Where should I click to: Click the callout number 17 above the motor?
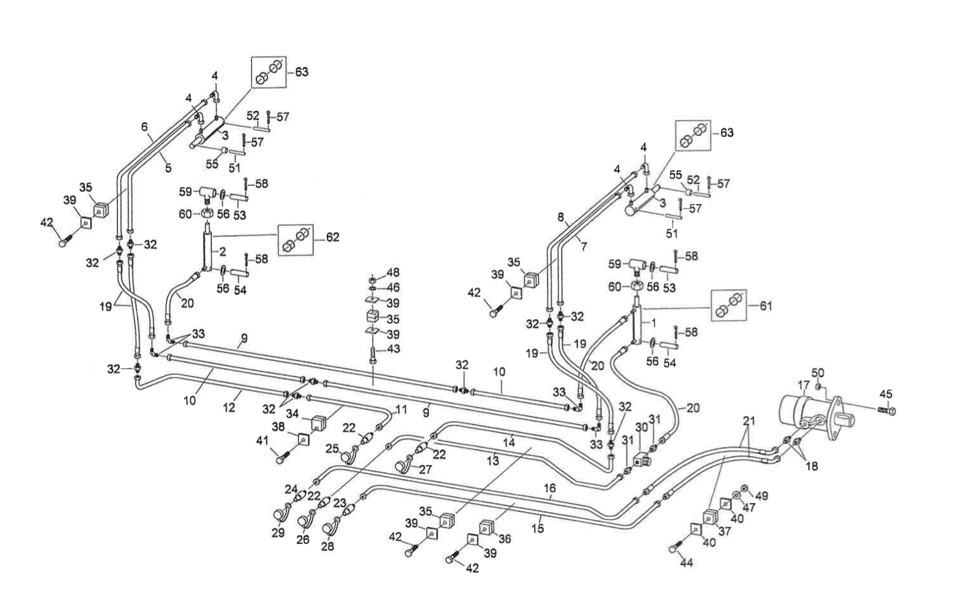tap(803, 386)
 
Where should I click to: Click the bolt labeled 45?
tap(888, 410)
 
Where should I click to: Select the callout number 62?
tap(332, 238)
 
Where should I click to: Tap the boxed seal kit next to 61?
tap(728, 305)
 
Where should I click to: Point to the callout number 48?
tap(393, 273)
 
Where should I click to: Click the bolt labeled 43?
tap(374, 355)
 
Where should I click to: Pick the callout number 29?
tap(278, 533)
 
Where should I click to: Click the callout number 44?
tap(686, 563)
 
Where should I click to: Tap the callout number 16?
tap(550, 489)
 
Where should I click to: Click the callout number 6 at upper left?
tap(145, 127)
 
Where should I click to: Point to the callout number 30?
tap(641, 428)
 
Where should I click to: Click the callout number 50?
tap(818, 373)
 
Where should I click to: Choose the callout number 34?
tap(292, 413)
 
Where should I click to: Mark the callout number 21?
tap(748, 421)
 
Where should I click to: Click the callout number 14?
tap(509, 442)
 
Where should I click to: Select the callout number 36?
tap(504, 538)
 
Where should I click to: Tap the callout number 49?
tap(762, 496)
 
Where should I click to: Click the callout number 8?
tap(560, 217)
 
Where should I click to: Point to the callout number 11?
tap(401, 409)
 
